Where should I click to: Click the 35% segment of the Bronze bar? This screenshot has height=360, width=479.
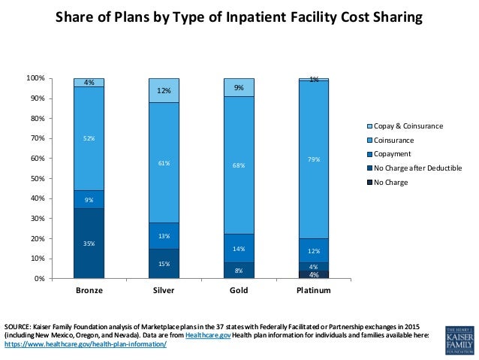tap(89, 243)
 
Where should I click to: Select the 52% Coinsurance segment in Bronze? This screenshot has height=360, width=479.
tap(89, 138)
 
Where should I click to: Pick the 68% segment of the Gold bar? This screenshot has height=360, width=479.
tap(239, 165)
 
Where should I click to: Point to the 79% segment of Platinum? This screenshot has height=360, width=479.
tap(314, 159)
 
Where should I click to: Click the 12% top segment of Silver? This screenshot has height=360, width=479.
tap(164, 90)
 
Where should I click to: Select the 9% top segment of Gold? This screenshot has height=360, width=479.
tap(239, 87)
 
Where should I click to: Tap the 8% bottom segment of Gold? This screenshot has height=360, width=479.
tap(239, 270)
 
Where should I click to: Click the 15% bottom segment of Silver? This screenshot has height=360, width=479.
tap(164, 263)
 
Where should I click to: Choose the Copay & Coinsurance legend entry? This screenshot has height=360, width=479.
tap(409, 126)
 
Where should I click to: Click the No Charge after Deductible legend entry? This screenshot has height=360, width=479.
tap(418, 168)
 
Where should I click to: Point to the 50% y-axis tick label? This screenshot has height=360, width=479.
tap(56, 178)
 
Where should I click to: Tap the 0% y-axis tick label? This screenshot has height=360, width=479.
tap(58, 279)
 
